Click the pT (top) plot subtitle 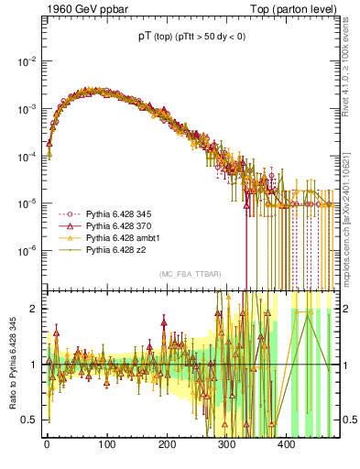[x=191, y=37]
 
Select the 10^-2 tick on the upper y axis [x=27, y=61]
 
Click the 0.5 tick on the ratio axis [x=29, y=420]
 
